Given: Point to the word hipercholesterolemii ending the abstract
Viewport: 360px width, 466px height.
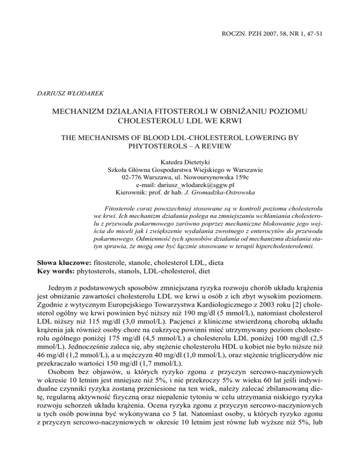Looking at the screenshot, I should point(276,240).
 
